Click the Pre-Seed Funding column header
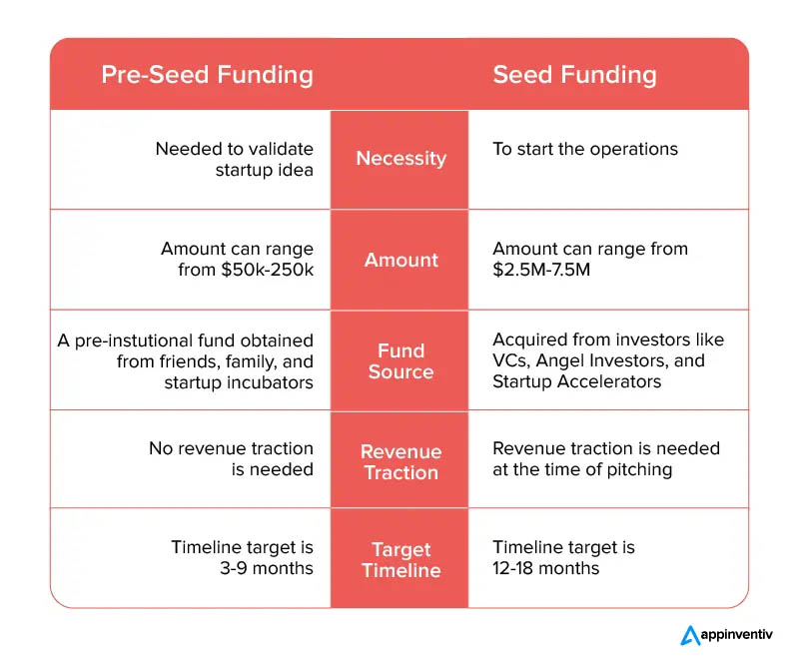click(207, 75)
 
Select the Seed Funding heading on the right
click(575, 75)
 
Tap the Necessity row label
click(401, 159)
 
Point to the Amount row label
click(401, 260)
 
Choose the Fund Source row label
click(401, 361)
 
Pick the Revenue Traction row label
click(401, 462)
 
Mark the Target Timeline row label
click(401, 559)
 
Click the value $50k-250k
click(267, 270)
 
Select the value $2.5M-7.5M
click(541, 270)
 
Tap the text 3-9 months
click(267, 568)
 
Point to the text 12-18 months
click(545, 568)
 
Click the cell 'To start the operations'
click(585, 150)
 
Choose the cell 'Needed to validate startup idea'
click(235, 160)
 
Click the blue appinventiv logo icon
click(690, 635)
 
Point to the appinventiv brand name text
click(736, 635)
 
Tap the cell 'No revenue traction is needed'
click(232, 459)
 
